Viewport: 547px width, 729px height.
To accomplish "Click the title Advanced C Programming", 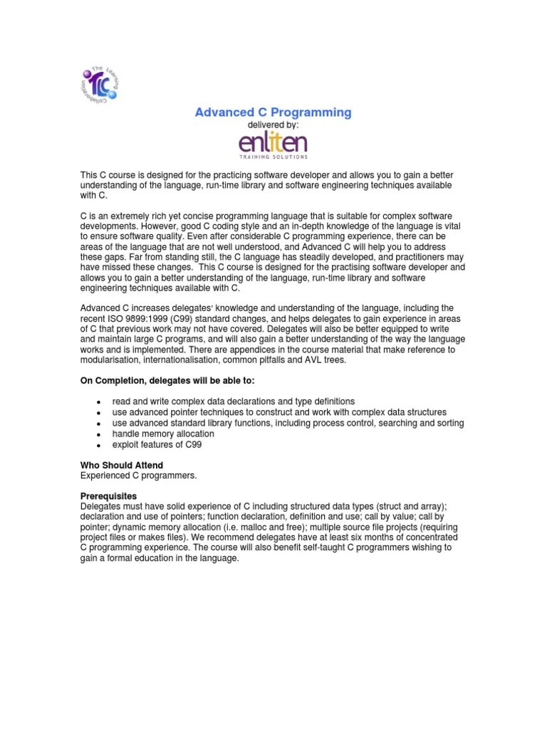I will click(x=273, y=112).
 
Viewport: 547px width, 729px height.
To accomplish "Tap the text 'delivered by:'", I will click(x=273, y=125).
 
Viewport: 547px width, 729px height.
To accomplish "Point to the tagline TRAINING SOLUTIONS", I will click(x=273, y=156).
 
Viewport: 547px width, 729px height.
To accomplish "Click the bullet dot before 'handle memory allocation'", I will click(x=97, y=434).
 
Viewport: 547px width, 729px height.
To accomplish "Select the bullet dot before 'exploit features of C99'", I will click(x=97, y=444).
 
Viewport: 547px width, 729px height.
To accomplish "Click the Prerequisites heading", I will click(x=108, y=495).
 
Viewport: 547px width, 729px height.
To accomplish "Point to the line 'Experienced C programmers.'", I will click(x=137, y=474).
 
